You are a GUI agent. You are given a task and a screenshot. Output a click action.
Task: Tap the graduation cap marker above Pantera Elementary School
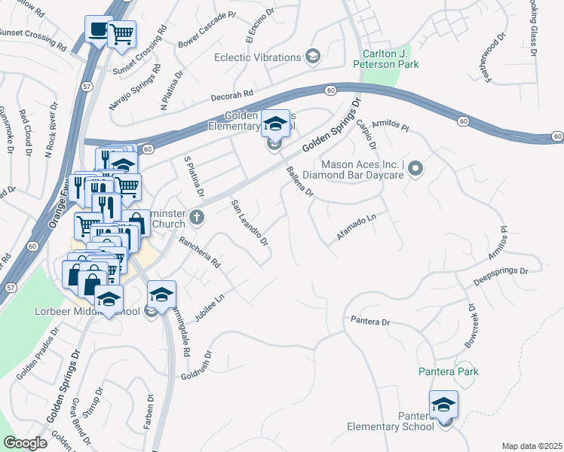[x=443, y=405]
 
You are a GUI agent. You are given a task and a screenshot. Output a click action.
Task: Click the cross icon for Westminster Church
[x=197, y=218]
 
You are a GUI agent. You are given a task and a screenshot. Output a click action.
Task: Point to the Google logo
[x=25, y=443]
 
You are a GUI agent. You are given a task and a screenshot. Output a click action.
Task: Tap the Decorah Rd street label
[x=232, y=96]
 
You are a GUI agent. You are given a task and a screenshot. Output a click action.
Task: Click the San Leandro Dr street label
[x=250, y=223]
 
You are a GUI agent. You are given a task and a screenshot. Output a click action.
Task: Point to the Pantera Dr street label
[x=370, y=322]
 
